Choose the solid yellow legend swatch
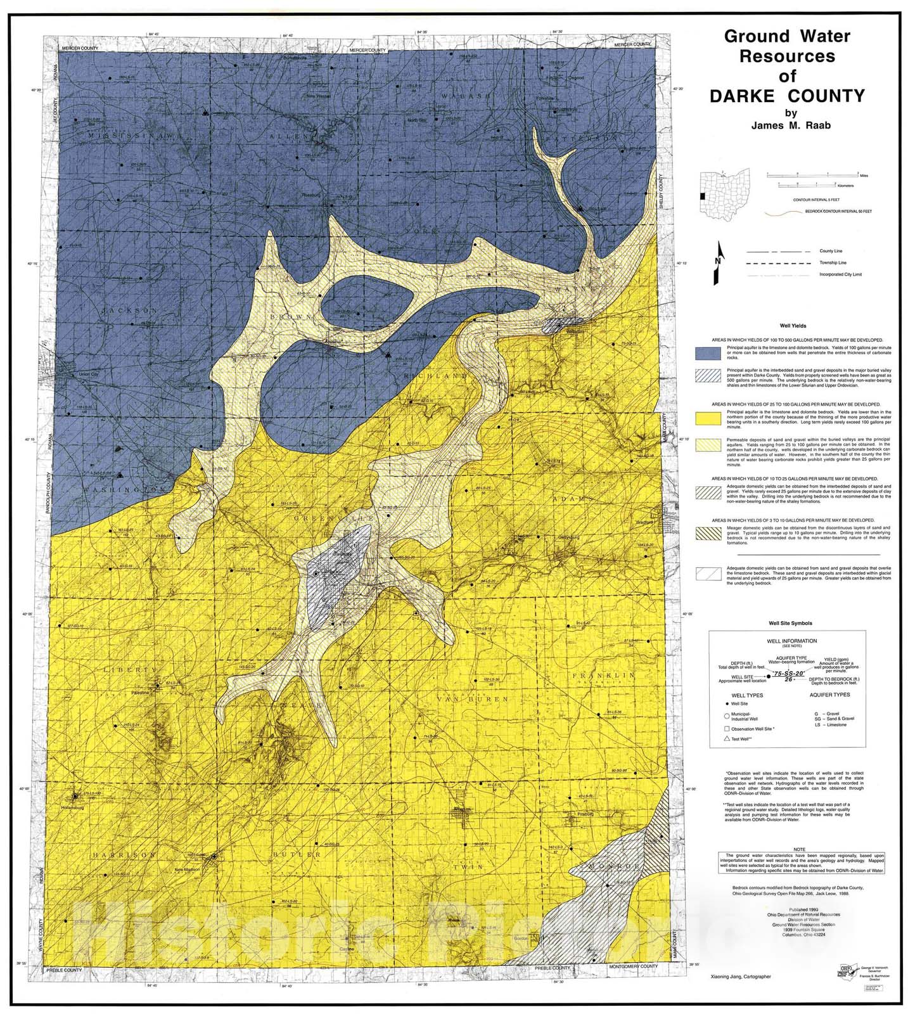point(708,418)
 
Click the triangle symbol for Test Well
point(728,740)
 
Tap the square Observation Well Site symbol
point(728,728)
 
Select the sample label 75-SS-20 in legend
point(788,676)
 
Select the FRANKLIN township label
point(604,676)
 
